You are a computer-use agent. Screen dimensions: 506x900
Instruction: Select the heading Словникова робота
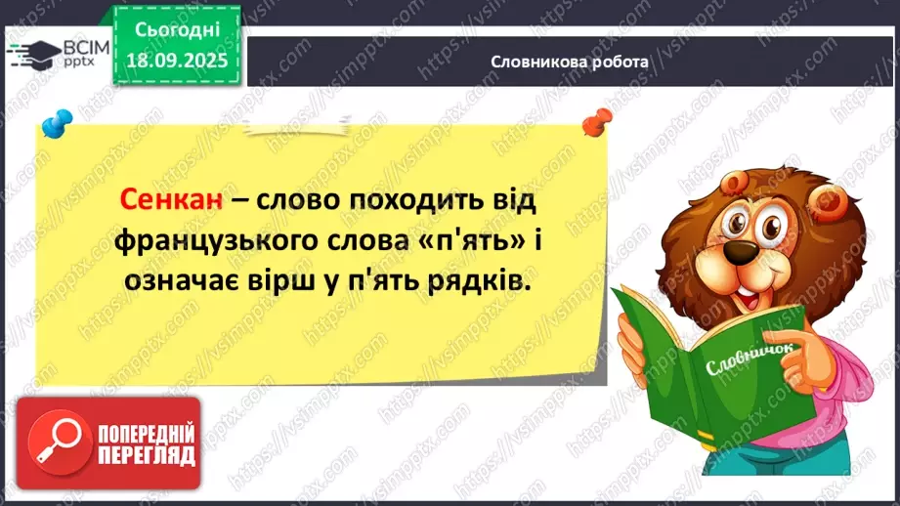(x=571, y=62)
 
